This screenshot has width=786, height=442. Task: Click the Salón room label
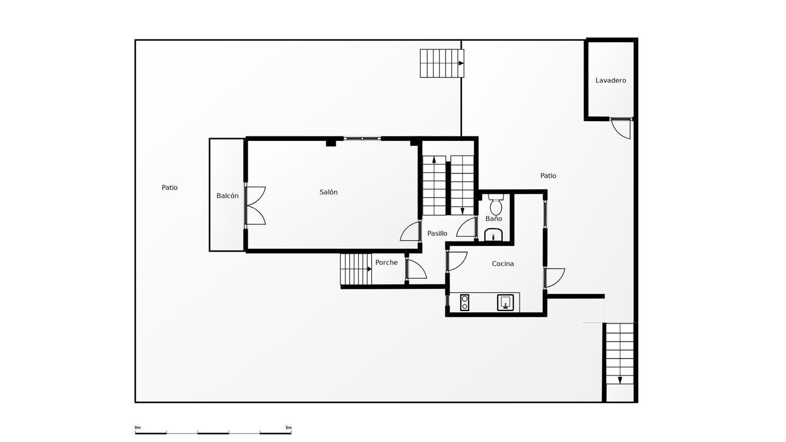[329, 192]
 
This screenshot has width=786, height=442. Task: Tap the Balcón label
[228, 196]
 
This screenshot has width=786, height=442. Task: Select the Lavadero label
[611, 80]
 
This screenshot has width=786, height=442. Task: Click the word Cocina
[503, 264]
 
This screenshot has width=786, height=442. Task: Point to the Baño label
[493, 218]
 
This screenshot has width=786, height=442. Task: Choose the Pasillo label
[437, 234]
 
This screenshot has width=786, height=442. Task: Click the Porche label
[386, 262]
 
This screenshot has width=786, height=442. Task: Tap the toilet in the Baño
[496, 204]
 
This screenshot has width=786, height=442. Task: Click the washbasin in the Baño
[493, 235]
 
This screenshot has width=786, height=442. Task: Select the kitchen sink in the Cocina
[505, 302]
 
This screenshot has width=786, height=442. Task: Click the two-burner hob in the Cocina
[465, 302]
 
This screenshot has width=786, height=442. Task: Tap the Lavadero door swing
[621, 129]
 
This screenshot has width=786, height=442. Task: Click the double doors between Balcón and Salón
[255, 206]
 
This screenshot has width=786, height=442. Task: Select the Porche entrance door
[416, 268]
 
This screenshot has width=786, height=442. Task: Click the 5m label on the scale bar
[288, 428]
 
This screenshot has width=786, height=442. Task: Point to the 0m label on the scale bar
[138, 428]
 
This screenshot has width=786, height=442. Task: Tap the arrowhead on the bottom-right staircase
[620, 380]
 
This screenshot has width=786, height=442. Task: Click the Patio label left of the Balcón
[169, 188]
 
